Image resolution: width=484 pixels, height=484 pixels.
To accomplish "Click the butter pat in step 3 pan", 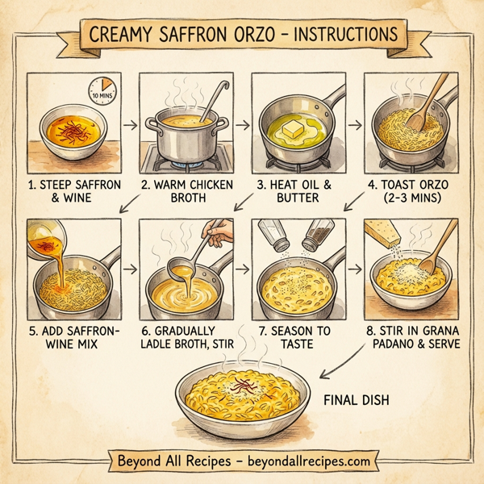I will [292, 126].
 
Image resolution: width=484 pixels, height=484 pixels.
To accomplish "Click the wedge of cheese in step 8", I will [384, 237].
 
